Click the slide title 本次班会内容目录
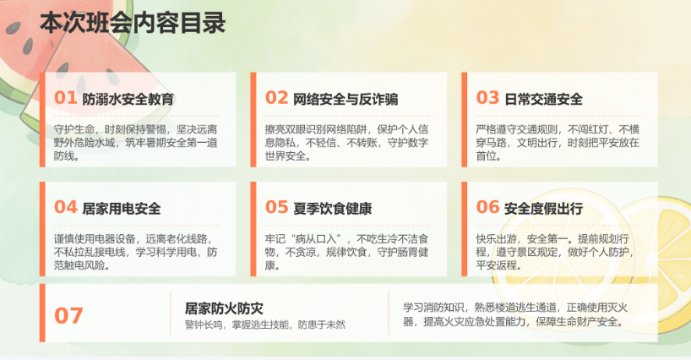[x=133, y=23]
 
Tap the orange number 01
[x=65, y=97]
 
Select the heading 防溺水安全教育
[x=128, y=99]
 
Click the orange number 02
[x=276, y=97]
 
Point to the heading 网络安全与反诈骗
[x=345, y=99]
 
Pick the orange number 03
[x=487, y=97]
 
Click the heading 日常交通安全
[x=543, y=99]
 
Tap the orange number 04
[x=65, y=207]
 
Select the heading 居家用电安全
[x=122, y=208]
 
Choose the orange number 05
[x=276, y=207]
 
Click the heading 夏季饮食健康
[x=333, y=208]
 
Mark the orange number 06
[x=487, y=207]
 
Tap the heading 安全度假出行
[x=543, y=208]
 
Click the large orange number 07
[x=68, y=315]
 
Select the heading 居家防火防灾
[x=224, y=308]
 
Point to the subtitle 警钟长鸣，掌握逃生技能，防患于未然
[x=265, y=325]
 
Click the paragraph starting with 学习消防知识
[x=515, y=314]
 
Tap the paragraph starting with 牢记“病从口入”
[x=346, y=252]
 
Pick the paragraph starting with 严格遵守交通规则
[x=558, y=142]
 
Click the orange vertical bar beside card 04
[x=42, y=229]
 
